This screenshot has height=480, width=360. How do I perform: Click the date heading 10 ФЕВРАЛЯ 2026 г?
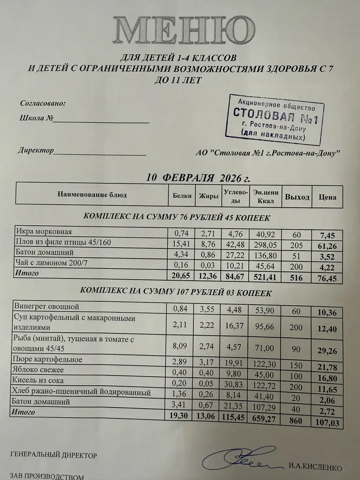tap(198, 178)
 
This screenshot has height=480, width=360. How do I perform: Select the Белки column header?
tap(182, 195)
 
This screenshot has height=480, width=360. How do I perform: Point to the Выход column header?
tap(297, 197)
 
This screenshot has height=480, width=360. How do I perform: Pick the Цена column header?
tap(327, 197)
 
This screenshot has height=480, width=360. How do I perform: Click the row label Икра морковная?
tap(44, 232)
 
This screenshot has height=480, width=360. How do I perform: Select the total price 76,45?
tap(327, 278)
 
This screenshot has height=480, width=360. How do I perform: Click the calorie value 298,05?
tap(265, 245)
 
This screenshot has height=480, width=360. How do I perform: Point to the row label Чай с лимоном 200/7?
tap(51, 263)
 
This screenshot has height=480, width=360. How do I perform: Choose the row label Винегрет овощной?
tap(47, 306)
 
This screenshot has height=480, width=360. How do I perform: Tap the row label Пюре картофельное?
tap(47, 359)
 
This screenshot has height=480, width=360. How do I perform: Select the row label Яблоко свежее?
tap(38, 370)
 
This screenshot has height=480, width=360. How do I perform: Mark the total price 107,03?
tap(327, 422)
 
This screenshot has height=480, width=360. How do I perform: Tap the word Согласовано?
tap(43, 103)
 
